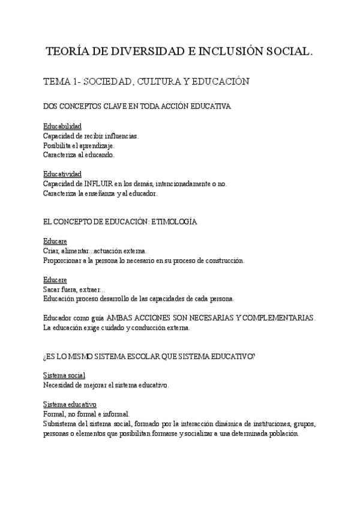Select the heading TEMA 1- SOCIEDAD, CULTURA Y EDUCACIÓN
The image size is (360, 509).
[x=146, y=81]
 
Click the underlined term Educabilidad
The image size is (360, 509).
[x=62, y=127]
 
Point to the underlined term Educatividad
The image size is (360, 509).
[x=62, y=174]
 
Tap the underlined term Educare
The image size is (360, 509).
[x=55, y=241]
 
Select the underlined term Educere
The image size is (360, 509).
[x=55, y=279]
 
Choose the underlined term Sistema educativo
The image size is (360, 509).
[x=70, y=404]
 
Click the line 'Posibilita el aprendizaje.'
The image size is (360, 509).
[x=79, y=145]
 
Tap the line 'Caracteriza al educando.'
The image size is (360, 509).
[x=79, y=155]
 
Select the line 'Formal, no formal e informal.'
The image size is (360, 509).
[x=86, y=414]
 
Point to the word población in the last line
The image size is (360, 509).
[x=281, y=433]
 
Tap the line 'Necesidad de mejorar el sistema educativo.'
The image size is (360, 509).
[x=106, y=385]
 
